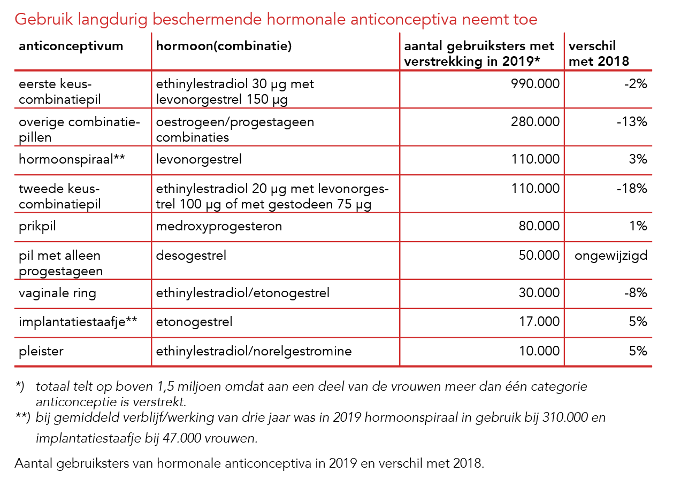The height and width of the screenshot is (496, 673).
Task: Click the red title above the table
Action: (x=276, y=20)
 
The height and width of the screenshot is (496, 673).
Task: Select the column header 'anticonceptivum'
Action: (x=71, y=46)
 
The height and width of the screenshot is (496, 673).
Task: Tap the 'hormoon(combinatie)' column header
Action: (x=224, y=46)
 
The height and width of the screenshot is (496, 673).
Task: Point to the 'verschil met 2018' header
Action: (x=599, y=54)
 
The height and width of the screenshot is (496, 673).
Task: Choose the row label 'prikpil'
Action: (x=37, y=226)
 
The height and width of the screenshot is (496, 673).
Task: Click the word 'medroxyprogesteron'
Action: (x=219, y=226)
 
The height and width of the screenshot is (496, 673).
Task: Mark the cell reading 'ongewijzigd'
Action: (x=611, y=255)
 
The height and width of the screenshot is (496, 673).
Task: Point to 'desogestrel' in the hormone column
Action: (x=191, y=255)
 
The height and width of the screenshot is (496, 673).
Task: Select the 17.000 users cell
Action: (x=540, y=322)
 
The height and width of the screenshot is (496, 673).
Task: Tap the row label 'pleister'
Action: (x=41, y=351)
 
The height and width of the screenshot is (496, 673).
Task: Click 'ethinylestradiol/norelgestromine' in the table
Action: (x=254, y=351)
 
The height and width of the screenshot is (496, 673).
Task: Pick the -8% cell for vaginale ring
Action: (x=637, y=293)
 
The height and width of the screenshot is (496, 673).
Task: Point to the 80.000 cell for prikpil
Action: (x=539, y=226)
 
